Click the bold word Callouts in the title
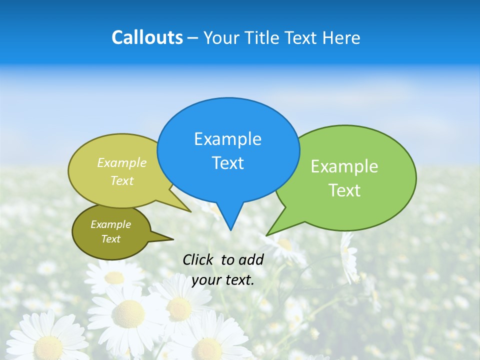tap(147, 37)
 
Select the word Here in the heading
tap(341, 37)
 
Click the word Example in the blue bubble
tap(227, 139)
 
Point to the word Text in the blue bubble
tap(227, 163)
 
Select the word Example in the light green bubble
tap(344, 166)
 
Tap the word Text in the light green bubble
tap(344, 190)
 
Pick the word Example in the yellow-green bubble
tap(122, 162)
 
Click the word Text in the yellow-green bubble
tap(122, 180)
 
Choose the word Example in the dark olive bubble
tap(110, 224)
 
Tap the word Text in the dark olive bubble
tap(110, 239)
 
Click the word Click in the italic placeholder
tap(198, 259)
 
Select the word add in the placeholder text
tap(251, 259)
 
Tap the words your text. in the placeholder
tap(223, 280)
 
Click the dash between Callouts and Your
tap(193, 38)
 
